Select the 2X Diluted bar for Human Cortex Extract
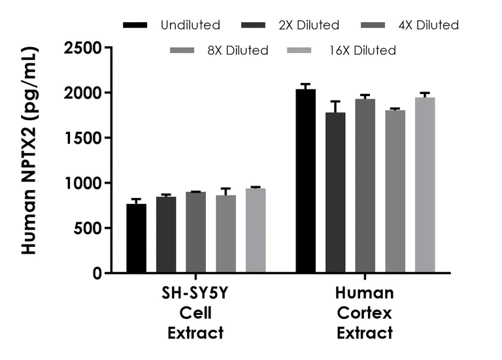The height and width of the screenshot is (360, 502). (x=335, y=193)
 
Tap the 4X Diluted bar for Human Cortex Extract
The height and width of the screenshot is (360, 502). (x=365, y=186)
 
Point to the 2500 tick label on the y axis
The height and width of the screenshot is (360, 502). (x=84, y=48)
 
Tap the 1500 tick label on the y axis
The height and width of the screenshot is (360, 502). (x=84, y=138)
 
